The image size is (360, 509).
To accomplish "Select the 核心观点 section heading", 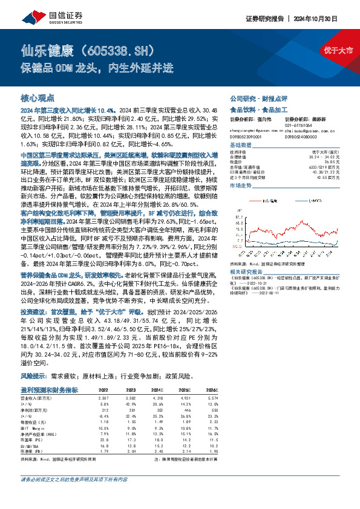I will pyautogui.click(x=38, y=97).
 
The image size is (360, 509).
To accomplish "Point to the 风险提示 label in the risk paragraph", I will pyautogui.click(x=33, y=375).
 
